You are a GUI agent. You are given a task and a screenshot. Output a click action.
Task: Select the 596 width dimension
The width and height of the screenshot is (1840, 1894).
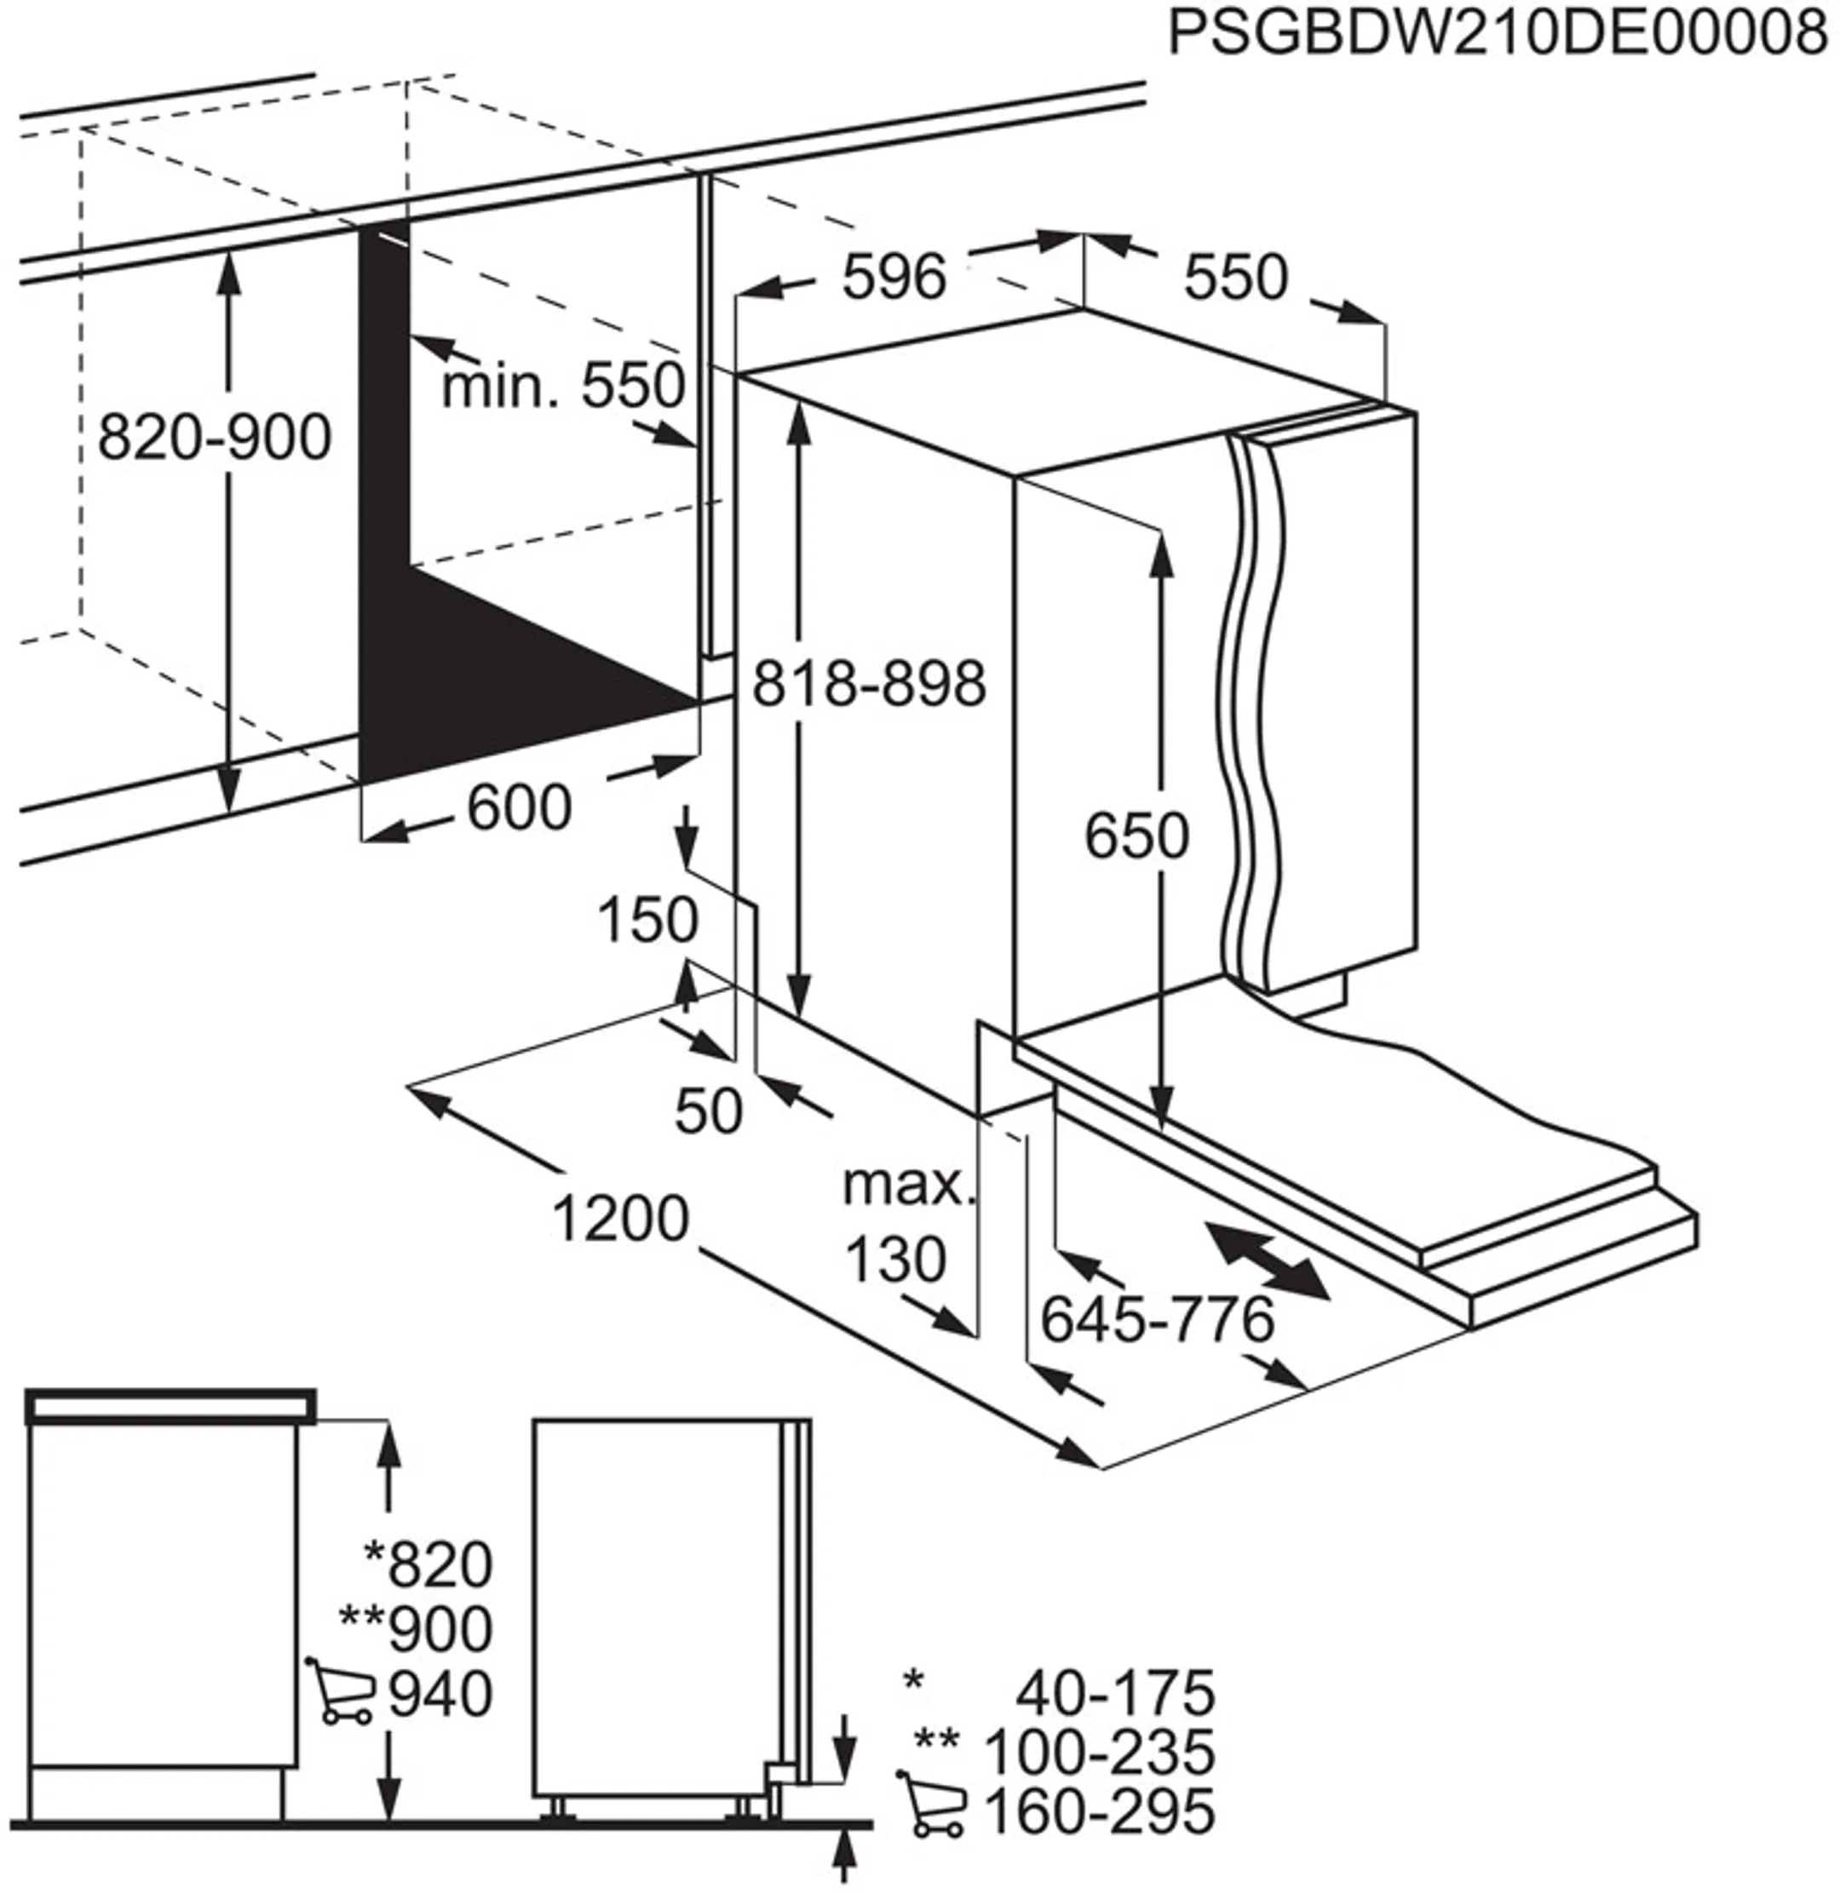pos(893,278)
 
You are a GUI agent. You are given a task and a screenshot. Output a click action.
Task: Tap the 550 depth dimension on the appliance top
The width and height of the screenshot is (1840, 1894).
pos(1236,277)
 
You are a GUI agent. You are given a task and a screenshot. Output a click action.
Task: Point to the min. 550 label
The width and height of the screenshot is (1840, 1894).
pos(563,386)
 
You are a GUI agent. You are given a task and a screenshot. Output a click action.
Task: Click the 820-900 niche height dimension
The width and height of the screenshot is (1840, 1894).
pos(215,437)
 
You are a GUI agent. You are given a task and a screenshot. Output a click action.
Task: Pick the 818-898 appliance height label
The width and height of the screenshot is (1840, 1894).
pos(869,683)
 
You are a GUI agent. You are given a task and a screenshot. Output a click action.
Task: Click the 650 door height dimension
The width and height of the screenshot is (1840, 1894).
pos(1136,836)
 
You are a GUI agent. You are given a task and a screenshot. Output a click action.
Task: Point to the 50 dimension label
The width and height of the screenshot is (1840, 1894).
pos(709,1111)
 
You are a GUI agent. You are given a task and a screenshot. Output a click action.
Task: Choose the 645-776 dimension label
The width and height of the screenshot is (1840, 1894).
pos(1157,1319)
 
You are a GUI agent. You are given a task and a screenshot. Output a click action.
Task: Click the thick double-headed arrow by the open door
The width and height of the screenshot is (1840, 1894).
pos(1267,1260)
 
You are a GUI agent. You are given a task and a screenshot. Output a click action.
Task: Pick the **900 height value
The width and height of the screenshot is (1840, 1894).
pos(416,1628)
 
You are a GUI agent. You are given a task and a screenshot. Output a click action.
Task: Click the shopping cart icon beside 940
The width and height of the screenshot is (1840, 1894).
pos(340,1692)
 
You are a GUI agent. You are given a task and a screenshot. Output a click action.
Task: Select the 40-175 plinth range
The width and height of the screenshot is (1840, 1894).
pos(1114,1692)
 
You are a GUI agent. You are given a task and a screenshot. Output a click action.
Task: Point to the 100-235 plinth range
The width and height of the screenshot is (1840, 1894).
pos(1099,1752)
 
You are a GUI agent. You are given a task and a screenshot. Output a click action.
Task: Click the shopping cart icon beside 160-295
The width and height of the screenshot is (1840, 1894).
pos(933,1806)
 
